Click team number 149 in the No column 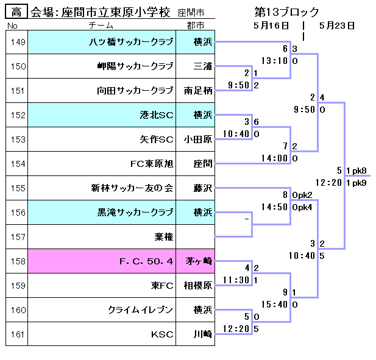18,42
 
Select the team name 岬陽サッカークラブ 135,66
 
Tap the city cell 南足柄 198,91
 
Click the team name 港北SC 157,115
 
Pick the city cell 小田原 198,139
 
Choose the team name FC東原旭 152,163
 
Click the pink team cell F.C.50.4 146,261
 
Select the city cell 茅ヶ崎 198,261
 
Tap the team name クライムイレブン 141,309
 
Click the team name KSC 162,334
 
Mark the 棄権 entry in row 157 164,236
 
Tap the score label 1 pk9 356,183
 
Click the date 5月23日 336,26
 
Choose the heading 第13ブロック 286,12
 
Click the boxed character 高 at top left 17,12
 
